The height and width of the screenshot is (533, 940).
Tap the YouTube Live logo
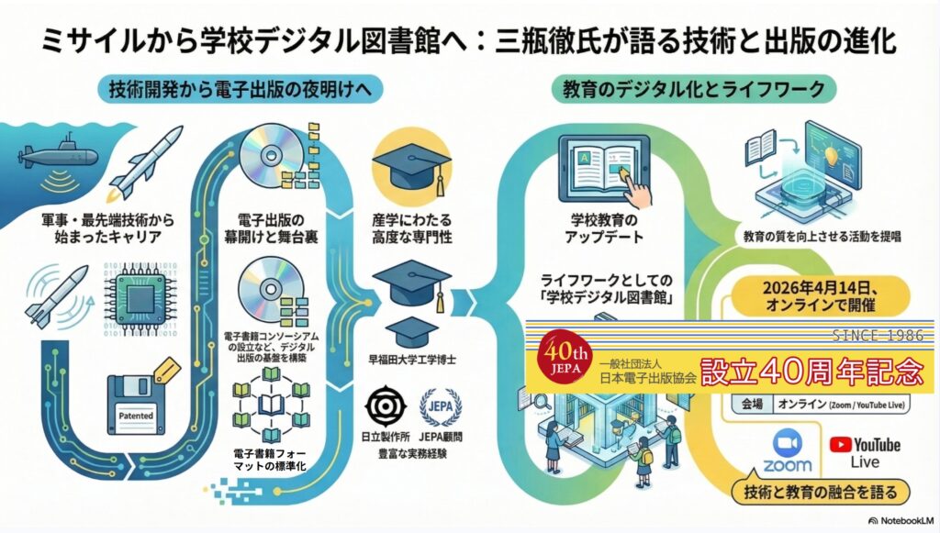[x=865, y=450]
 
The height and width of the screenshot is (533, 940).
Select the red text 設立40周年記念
[x=811, y=372]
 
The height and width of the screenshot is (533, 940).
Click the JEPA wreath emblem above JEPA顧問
[x=440, y=406]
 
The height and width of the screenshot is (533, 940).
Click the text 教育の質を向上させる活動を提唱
[x=821, y=236]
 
